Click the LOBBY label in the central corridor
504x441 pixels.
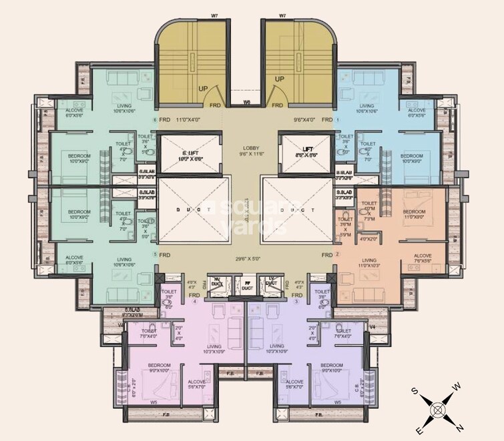click(x=251, y=148)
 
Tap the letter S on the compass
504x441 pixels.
click(x=415, y=390)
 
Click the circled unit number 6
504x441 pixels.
click(x=154, y=121)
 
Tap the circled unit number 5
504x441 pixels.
click(x=154, y=254)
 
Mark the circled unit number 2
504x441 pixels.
click(x=338, y=254)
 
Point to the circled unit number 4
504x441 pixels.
click(x=195, y=302)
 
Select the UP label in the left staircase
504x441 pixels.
click(x=204, y=87)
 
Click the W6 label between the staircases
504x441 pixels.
click(x=246, y=102)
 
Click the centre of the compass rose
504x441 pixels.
click(x=437, y=408)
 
